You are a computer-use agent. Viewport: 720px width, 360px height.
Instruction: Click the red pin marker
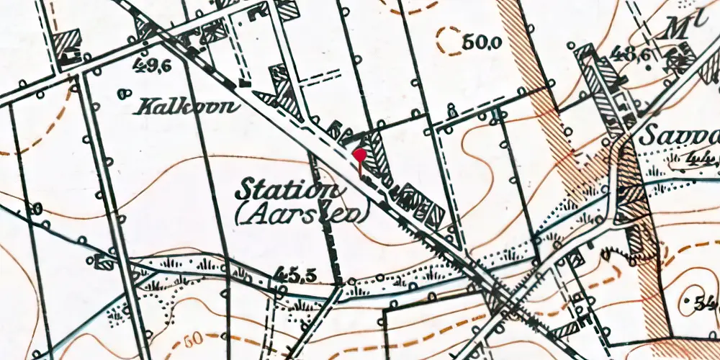(359, 156)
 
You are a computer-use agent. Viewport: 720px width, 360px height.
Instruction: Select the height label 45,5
(294, 274)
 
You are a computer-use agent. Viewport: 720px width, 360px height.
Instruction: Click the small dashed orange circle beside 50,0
(449, 40)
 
